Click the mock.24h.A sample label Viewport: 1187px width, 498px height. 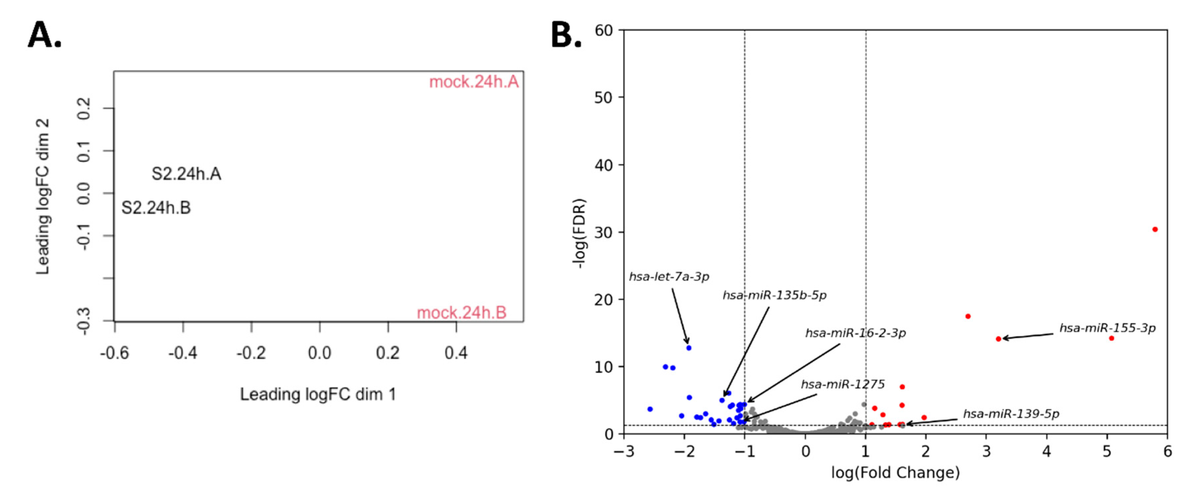click(474, 82)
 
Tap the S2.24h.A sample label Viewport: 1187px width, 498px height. click(186, 174)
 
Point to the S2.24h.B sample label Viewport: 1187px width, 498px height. click(156, 208)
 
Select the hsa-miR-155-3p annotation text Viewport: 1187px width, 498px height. click(1107, 328)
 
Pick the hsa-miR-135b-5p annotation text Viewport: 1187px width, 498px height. click(774, 295)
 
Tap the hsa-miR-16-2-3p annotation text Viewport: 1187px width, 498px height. click(855, 333)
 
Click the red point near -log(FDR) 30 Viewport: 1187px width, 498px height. click(1155, 229)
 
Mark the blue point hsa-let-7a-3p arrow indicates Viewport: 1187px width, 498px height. click(689, 348)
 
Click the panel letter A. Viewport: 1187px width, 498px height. click(44, 35)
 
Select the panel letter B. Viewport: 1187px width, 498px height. click(566, 35)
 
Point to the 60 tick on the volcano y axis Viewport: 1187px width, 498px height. click(604, 31)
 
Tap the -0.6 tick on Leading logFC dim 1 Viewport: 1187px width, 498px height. click(115, 353)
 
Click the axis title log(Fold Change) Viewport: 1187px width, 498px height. click(895, 473)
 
